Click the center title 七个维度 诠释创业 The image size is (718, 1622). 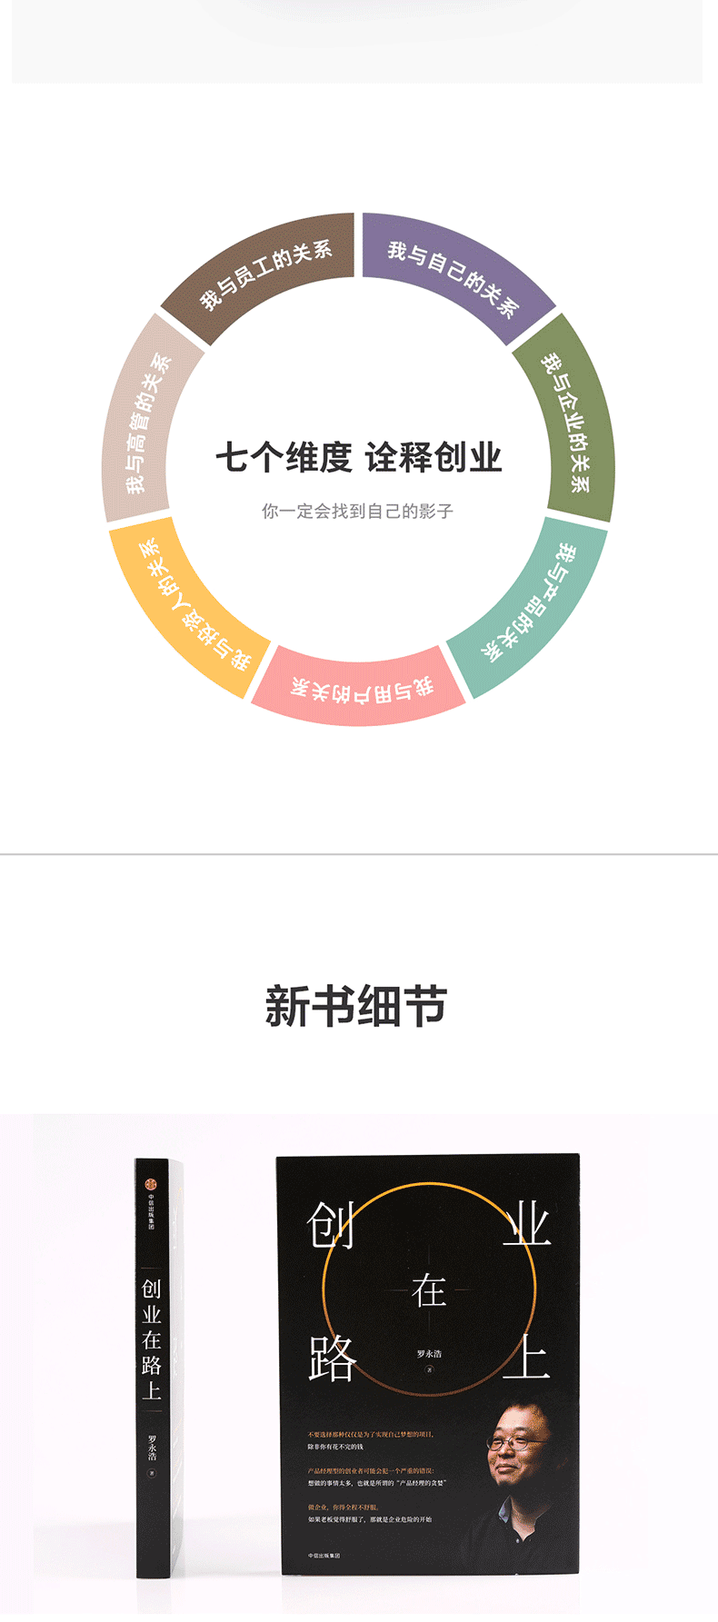point(358,457)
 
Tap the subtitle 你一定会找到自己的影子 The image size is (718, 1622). point(357,511)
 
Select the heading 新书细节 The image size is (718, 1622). point(356,1007)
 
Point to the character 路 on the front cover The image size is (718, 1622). point(332,1359)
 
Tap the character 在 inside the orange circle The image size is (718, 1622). point(429,1289)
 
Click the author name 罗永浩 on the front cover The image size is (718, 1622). point(429,1354)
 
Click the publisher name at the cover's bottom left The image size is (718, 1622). point(324,1556)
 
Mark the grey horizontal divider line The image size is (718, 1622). point(359,854)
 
